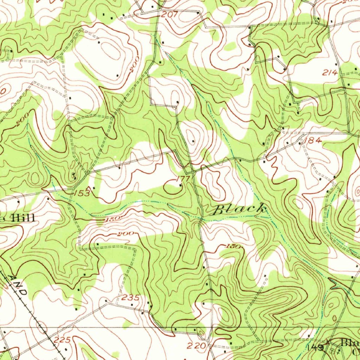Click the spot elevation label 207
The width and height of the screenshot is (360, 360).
point(170,15)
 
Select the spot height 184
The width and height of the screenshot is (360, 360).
point(313,141)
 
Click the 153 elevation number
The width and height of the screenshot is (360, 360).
point(82,193)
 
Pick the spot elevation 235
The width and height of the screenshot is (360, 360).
point(130,298)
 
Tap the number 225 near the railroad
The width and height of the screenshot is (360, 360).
point(63,340)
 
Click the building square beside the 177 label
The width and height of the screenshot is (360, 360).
point(180,185)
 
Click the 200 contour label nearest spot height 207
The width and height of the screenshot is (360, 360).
point(134,64)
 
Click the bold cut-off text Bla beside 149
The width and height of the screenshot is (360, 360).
point(350,342)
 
